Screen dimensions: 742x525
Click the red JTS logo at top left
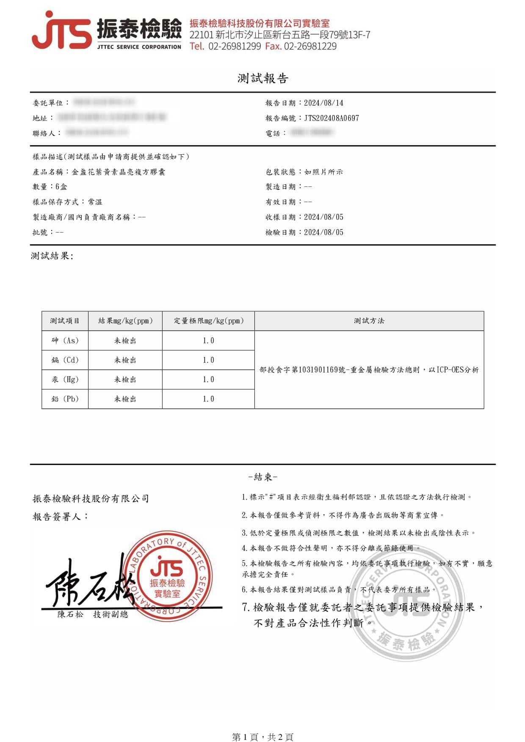pos(61,30)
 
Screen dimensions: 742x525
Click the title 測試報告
pos(262,78)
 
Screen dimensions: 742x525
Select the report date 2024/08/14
pos(323,103)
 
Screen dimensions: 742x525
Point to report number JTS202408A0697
pos(332,118)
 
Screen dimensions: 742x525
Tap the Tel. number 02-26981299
pos(235,46)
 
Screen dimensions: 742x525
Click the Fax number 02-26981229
pos(310,46)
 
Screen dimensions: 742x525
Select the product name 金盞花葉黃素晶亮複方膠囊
pos(119,172)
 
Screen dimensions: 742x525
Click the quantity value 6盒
pos(61,186)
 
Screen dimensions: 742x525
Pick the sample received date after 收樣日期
pos(323,217)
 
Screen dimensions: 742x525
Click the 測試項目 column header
pos(65,320)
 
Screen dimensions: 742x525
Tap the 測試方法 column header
pos(369,320)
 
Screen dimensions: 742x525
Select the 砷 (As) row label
pos(65,340)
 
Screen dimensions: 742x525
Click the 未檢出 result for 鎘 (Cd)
pos(125,360)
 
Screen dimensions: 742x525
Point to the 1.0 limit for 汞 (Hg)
pos(208,379)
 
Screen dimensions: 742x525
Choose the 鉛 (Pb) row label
pos(65,399)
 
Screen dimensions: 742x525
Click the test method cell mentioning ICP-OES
pos(369,370)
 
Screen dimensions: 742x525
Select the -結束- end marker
pos(262,477)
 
